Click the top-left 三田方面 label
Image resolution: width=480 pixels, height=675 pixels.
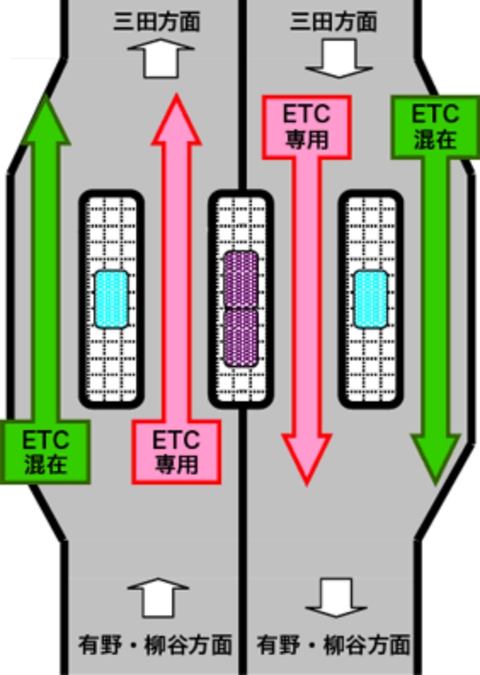(x=157, y=21)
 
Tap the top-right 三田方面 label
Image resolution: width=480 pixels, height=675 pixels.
(x=334, y=21)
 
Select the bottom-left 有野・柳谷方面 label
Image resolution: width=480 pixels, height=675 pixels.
(x=155, y=645)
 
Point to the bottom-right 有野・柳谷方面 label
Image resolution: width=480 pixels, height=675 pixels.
(x=334, y=645)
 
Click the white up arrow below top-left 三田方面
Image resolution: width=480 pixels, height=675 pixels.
(x=161, y=59)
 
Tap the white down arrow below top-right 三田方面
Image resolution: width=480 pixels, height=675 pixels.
(x=339, y=59)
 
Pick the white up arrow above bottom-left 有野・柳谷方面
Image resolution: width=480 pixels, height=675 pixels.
(x=158, y=598)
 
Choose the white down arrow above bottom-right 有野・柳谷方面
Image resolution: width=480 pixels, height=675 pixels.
(x=336, y=598)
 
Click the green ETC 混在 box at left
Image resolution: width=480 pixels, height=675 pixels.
(x=45, y=452)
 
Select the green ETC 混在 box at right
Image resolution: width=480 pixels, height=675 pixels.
(x=435, y=127)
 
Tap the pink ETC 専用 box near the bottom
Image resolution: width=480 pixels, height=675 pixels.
(x=177, y=452)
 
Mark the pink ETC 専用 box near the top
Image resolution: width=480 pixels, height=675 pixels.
(x=306, y=128)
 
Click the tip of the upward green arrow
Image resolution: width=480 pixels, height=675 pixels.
(x=46, y=95)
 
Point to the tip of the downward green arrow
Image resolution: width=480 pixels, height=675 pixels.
(x=436, y=484)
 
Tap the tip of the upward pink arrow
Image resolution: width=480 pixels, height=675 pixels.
(x=176, y=94)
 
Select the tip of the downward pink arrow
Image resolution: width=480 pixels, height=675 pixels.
(x=306, y=485)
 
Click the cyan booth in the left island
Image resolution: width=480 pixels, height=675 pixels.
(x=111, y=299)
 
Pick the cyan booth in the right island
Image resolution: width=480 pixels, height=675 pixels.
(x=371, y=299)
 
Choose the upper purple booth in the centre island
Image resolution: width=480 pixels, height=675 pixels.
(x=242, y=280)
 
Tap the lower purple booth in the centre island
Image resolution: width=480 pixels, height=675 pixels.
(x=242, y=337)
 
